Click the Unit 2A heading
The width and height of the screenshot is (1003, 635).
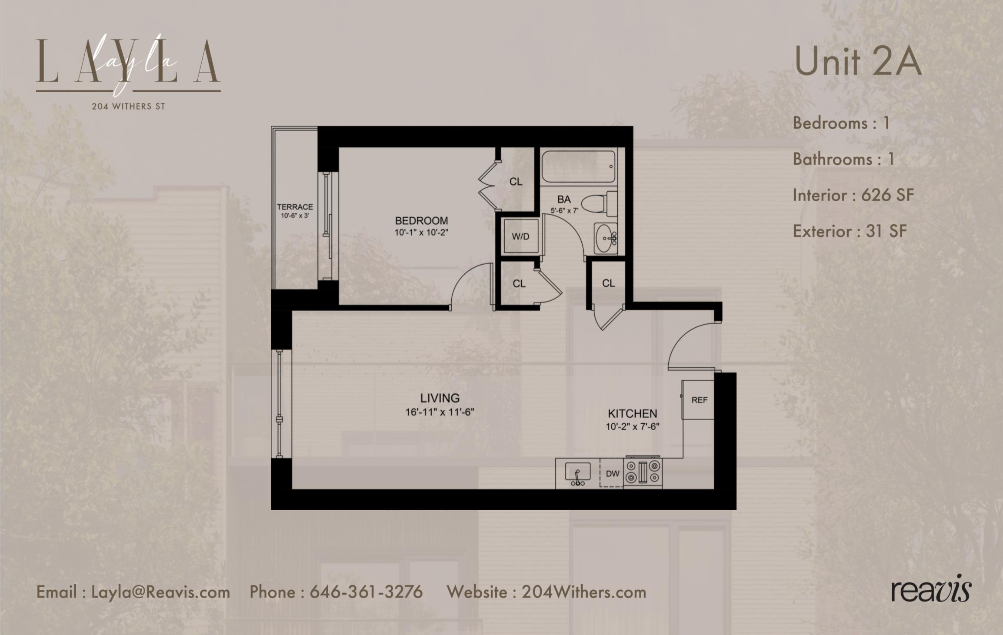857,62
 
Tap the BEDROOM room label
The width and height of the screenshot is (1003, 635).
421,220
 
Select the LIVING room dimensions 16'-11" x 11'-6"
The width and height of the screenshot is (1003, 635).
440,412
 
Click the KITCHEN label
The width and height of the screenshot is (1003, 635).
632,413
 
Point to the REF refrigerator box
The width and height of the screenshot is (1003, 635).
699,400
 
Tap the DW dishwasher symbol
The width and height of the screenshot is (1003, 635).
612,473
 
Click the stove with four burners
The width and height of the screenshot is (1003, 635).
643,472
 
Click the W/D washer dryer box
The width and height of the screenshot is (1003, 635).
520,237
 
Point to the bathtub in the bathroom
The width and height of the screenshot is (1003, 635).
578,166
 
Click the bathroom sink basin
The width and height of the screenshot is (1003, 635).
605,238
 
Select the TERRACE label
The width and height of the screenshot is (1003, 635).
295,207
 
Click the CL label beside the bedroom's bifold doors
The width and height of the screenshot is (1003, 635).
516,182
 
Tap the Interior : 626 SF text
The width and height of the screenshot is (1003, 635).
853,195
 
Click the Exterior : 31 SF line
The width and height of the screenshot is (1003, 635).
850,231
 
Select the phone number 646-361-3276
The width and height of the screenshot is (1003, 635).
366,592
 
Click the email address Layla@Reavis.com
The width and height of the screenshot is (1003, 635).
160,592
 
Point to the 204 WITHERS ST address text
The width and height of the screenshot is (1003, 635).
128,106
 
